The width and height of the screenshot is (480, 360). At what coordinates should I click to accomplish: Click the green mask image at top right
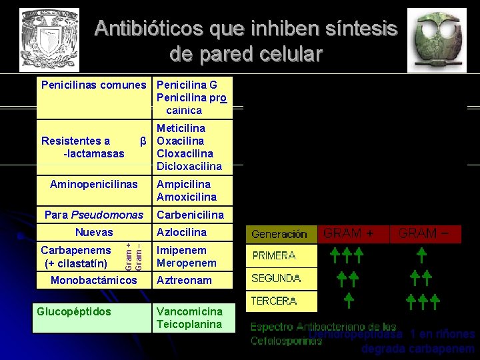(437, 39)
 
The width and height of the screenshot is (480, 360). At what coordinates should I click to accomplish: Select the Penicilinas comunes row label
(93, 85)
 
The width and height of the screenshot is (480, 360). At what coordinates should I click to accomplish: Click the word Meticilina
(181, 128)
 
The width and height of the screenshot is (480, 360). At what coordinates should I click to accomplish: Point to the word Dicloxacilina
(189, 167)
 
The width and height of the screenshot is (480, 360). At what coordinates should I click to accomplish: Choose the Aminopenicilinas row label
(94, 184)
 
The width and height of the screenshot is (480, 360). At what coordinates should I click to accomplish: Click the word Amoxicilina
(187, 197)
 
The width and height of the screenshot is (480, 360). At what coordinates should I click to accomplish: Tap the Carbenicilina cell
(190, 215)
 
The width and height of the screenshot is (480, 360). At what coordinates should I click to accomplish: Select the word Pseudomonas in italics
(107, 215)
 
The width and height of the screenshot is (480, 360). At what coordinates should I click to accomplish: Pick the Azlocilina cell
(181, 232)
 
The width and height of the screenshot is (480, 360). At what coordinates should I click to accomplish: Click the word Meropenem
(183, 263)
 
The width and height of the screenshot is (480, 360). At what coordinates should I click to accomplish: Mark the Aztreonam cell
(184, 281)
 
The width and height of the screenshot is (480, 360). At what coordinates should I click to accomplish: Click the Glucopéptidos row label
(74, 311)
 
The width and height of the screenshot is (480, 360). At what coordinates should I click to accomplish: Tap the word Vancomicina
(189, 311)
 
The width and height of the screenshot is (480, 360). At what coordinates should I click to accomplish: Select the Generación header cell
(279, 234)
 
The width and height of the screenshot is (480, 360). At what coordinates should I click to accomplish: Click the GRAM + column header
(349, 233)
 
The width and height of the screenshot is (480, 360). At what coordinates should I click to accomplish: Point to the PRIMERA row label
(274, 255)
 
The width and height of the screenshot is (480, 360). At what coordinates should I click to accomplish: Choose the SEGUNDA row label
(276, 278)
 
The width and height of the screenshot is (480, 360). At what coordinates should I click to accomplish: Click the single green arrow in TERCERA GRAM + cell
(349, 301)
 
